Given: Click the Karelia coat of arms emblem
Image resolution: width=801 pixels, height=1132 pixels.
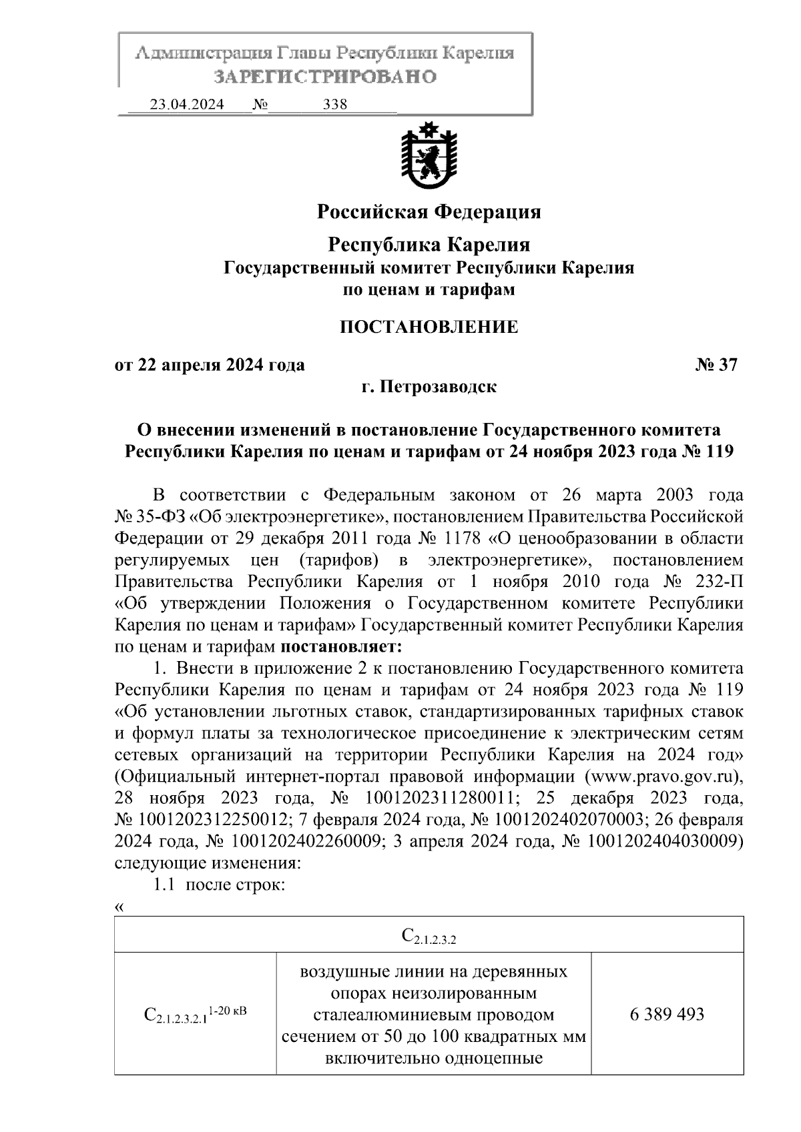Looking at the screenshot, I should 429,155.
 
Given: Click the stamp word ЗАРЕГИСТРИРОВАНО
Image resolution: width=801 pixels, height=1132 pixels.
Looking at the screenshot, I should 325,77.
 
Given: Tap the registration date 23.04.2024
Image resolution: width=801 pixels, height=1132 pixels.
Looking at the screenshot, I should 187,105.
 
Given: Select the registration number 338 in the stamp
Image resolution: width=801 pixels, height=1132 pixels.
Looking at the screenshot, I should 334,105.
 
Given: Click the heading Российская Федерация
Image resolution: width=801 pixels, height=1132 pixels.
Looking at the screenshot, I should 429,212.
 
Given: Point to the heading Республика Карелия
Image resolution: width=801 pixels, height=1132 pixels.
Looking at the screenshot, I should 429,245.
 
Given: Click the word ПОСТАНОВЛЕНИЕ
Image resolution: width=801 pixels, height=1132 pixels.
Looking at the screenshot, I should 429,327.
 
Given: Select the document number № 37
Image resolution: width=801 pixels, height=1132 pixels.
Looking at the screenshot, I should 716,365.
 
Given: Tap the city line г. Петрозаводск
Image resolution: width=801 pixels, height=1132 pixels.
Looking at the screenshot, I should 429,386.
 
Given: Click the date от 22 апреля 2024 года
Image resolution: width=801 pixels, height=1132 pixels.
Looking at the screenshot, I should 210,365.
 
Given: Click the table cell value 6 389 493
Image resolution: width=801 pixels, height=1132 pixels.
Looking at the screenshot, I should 666,1015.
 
